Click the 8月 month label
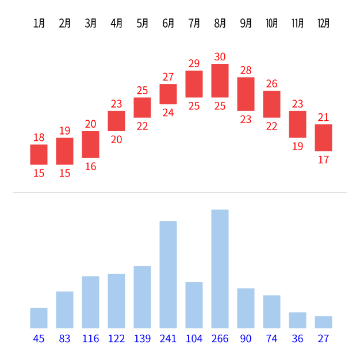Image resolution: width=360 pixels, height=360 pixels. point(220,24)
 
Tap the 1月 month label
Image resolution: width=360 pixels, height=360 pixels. point(39,24)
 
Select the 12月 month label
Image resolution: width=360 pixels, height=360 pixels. point(324,24)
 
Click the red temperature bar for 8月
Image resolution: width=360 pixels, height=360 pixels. point(220,81)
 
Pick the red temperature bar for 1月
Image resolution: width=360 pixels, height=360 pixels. point(39,155)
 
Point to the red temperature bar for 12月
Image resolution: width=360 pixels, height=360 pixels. point(324,138)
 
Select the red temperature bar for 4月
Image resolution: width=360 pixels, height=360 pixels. point(116,121)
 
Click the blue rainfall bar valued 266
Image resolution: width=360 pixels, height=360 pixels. point(220,269)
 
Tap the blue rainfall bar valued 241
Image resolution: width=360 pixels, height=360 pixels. point(168,274)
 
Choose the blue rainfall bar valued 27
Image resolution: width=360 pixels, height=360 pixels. point(324,322)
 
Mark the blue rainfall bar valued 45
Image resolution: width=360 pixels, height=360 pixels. point(39,318)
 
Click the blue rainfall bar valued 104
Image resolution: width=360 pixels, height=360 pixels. point(194,305)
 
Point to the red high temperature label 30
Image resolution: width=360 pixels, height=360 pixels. point(220,57)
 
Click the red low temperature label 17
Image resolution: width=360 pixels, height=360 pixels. point(324,160)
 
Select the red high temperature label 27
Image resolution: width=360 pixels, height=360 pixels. point(168,77)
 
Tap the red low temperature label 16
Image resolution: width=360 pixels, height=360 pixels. point(90,166)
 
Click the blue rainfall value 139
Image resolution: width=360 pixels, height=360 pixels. point(142,339)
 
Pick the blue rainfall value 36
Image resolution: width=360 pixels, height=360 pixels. point(297,339)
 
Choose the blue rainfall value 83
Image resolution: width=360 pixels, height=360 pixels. point(64,339)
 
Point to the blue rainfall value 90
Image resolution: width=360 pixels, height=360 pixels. point(246,339)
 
